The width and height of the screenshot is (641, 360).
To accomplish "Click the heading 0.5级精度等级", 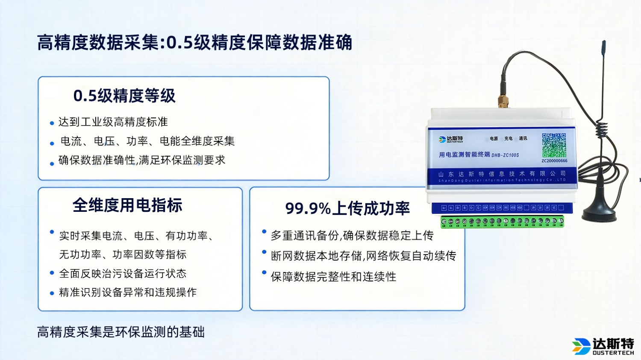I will point(124,96).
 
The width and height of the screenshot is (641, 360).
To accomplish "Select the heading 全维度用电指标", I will point(127,205).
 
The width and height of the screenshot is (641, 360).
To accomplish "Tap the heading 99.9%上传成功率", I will point(347,208).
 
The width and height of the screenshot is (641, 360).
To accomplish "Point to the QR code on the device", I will point(554,145).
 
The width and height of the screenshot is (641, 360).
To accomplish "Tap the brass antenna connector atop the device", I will point(503,102).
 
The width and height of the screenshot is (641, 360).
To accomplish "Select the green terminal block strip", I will point(502,222).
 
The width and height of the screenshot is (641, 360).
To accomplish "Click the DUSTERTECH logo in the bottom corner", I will point(603,346).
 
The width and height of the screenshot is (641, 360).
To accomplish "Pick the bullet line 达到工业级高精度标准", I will point(113,122).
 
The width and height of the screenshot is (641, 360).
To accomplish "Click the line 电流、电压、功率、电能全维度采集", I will point(147,141).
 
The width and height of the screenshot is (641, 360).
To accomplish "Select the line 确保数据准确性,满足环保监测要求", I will point(142,160).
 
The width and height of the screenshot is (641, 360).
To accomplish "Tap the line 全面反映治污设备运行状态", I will point(123,273).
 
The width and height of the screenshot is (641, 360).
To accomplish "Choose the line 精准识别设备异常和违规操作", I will point(128,293).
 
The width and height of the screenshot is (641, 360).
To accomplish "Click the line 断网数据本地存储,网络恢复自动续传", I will point(363,256).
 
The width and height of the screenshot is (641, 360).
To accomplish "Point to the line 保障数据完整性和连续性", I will point(333,277).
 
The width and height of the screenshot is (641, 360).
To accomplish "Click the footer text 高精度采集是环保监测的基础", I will point(121,332).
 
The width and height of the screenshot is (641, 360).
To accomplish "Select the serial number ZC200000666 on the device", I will point(554,161).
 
